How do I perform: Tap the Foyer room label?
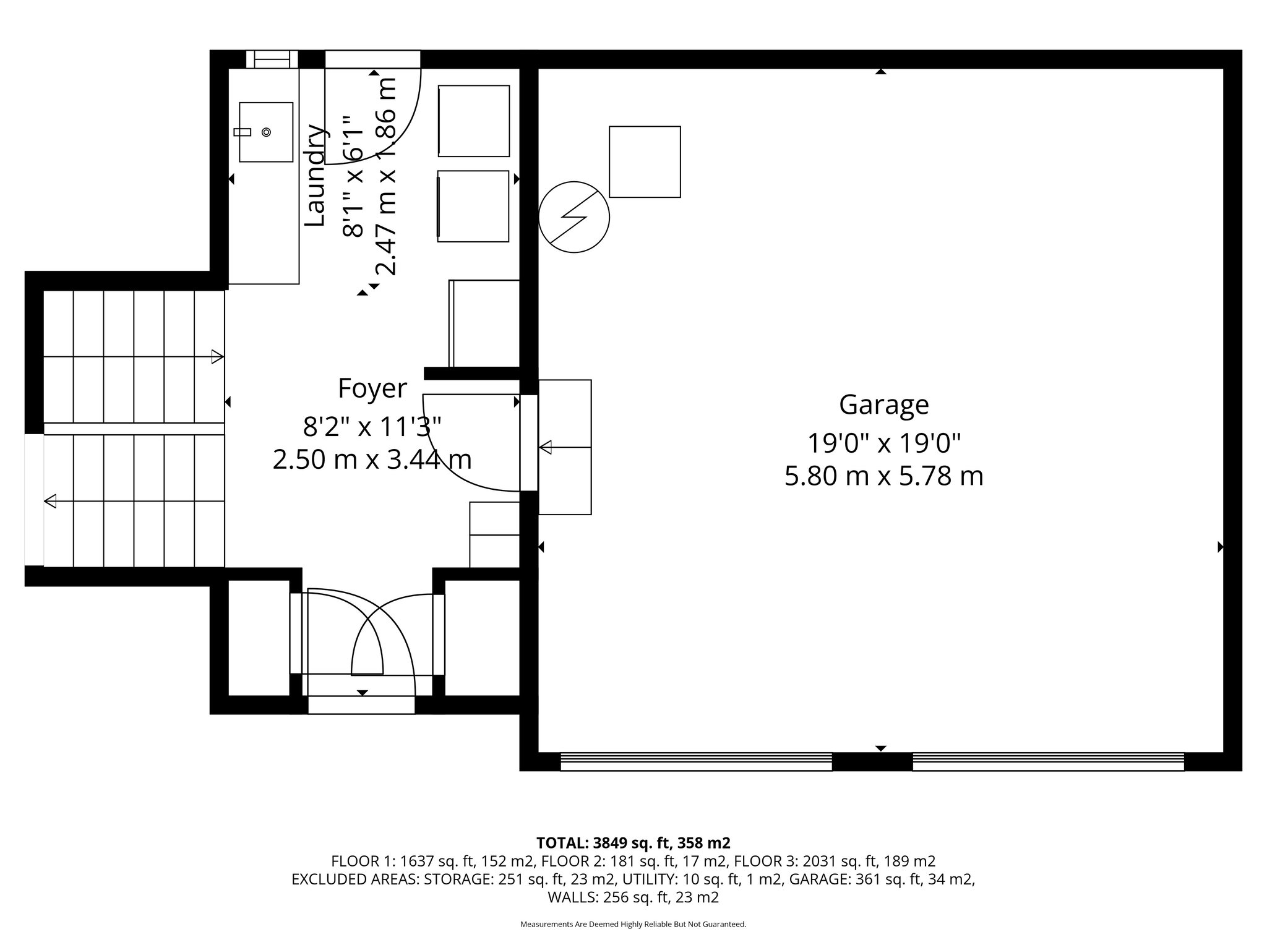click(372, 389)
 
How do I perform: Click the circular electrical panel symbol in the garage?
click(574, 217)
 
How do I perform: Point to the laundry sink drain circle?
click(267, 132)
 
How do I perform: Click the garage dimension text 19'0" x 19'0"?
click(883, 443)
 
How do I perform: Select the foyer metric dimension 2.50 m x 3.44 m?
click(372, 460)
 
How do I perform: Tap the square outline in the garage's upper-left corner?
click(645, 162)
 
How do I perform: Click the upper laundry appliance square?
click(473, 121)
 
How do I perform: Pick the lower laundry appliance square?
click(473, 206)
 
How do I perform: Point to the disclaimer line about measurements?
click(633, 925)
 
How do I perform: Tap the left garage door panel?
click(696, 761)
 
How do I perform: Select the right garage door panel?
click(1048, 761)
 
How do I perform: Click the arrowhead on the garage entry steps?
click(546, 447)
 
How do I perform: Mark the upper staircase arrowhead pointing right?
click(217, 357)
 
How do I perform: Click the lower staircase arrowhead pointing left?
click(50, 501)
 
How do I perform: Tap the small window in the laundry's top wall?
click(272, 59)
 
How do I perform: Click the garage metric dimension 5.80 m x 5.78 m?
click(883, 476)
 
